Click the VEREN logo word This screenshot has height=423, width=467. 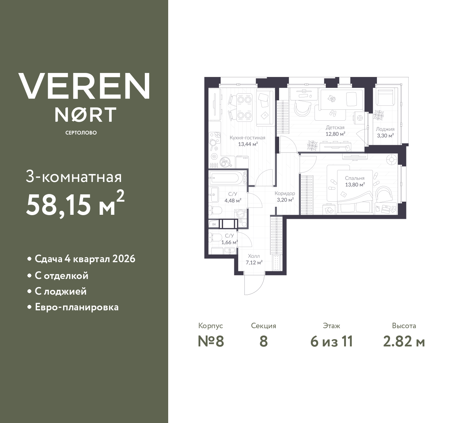point(84,86)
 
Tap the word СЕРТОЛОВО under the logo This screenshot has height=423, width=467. point(81,133)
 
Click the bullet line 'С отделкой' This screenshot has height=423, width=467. point(61,276)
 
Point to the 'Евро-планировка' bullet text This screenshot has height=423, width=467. point(77,307)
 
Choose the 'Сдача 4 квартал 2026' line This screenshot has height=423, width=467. point(85,259)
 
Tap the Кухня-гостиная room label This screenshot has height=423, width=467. point(247,138)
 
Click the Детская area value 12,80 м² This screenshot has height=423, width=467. point(335,133)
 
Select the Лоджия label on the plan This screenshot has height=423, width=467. point(385,129)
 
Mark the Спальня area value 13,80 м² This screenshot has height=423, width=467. point(355,185)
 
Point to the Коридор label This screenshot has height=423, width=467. point(285,194)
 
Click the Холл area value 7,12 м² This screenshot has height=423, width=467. point(254,262)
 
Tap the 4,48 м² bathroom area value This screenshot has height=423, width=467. point(232,200)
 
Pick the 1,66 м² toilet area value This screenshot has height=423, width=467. point(229,241)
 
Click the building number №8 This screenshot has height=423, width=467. point(211,341)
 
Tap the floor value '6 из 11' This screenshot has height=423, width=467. point(331,341)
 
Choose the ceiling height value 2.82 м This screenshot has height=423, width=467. point(404,341)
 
